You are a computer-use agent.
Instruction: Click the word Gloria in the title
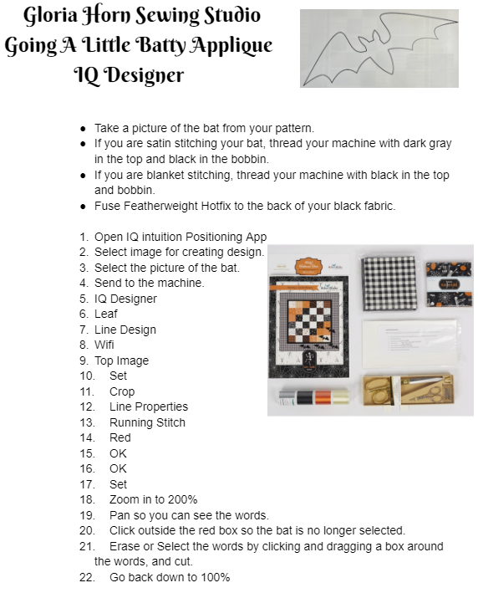[x=51, y=16]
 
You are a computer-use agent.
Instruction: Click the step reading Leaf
[x=106, y=314]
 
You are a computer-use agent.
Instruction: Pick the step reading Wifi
[x=104, y=345]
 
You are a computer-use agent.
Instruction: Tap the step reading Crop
[x=122, y=391]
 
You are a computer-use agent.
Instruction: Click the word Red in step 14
[x=120, y=438]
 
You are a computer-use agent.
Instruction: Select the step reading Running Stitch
[x=147, y=422]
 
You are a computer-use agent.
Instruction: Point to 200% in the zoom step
[x=182, y=499]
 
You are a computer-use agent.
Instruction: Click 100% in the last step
[x=216, y=577]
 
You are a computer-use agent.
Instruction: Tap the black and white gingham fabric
[x=389, y=284]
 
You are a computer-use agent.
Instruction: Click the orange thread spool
[x=323, y=397]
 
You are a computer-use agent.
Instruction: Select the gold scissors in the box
[x=379, y=390]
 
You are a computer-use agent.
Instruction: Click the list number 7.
[x=84, y=330]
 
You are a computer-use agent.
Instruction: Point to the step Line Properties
[x=149, y=407]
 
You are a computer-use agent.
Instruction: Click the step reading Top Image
[x=121, y=360]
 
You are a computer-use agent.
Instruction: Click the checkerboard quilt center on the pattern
[x=310, y=320]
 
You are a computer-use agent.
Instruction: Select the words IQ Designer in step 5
[x=125, y=299]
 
